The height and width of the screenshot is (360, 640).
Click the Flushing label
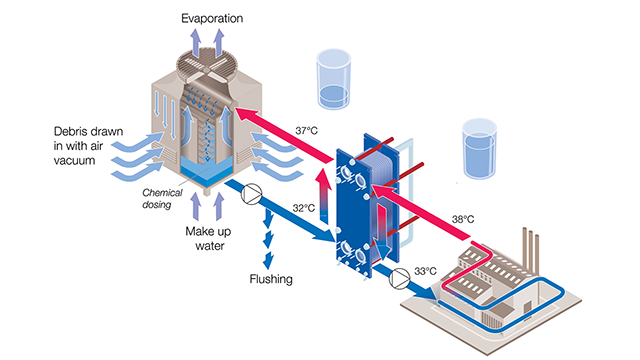point(270,279)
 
